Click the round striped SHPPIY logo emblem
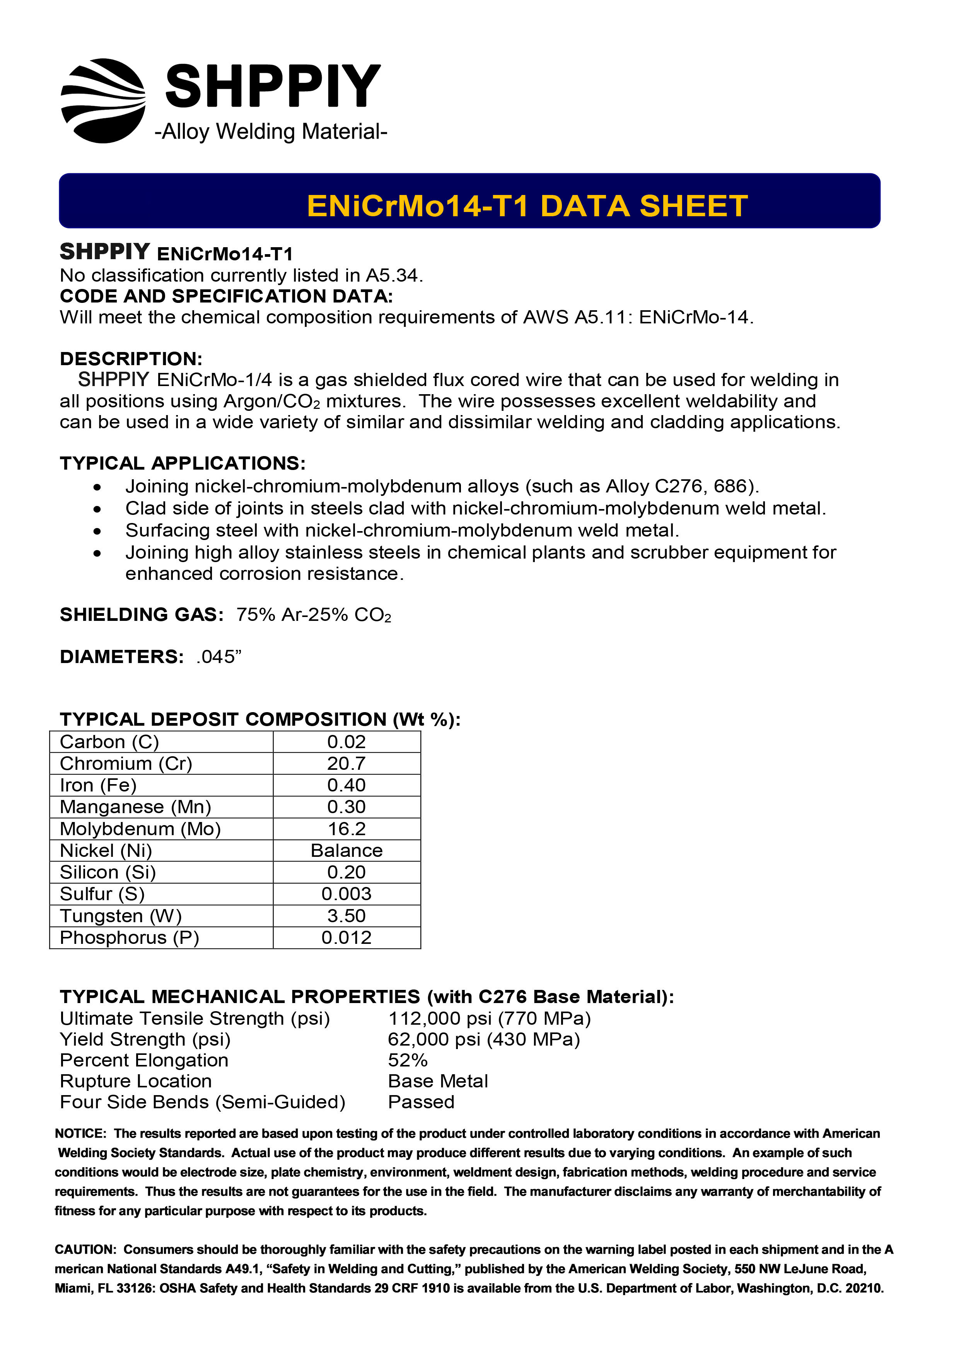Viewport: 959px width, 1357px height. coord(103,101)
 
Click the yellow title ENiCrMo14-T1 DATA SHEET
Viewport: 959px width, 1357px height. coord(527,206)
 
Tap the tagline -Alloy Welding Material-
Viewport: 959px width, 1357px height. coord(271,131)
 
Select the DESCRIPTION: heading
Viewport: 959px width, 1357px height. coord(131,359)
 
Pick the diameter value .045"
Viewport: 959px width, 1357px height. coord(218,656)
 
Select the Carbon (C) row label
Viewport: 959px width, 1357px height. coord(109,742)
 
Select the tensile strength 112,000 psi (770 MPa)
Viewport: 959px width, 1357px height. coord(489,1019)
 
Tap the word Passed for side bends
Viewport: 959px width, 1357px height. coord(421,1102)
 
